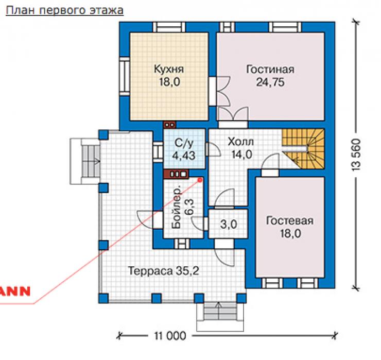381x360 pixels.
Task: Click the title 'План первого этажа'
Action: point(65,10)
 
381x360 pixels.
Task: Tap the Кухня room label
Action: point(169,69)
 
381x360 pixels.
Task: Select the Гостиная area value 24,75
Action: point(270,82)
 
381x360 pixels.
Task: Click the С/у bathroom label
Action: point(184,143)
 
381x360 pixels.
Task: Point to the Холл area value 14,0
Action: point(242,155)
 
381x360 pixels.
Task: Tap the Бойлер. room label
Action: point(177,208)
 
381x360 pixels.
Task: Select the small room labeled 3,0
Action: point(229,224)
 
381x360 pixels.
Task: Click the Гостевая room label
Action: point(290,221)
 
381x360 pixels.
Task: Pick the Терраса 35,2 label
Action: point(164,271)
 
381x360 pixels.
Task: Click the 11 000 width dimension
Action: point(170,336)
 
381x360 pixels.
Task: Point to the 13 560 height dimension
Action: point(356,155)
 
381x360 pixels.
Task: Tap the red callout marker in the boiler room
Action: point(200,180)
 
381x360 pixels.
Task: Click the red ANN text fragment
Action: point(15,291)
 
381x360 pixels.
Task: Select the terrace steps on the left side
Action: point(84,161)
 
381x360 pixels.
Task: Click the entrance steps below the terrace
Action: point(220,317)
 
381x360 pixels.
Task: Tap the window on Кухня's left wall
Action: point(125,76)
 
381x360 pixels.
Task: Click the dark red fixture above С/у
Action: point(170,125)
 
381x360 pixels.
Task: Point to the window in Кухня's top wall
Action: point(169,27)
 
